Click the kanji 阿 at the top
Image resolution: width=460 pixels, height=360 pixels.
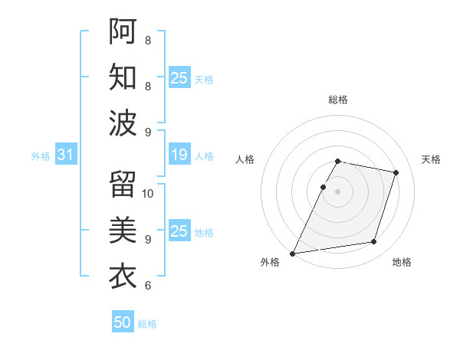pos(123,31)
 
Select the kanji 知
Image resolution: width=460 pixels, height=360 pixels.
pos(123,77)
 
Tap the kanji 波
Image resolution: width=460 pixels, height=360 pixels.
pos(123,123)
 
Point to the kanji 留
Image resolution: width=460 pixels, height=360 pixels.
pos(123,184)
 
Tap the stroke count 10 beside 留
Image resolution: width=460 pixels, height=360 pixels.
pos(148,193)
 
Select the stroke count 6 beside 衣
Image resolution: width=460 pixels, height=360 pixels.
pos(147,286)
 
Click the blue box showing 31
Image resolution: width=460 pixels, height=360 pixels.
pos(65,155)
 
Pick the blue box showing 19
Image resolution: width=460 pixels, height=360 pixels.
pos(179,155)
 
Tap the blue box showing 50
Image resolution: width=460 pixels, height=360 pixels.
pos(123,322)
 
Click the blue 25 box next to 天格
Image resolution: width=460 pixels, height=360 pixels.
pos(179,78)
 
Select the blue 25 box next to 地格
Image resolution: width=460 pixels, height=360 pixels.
pos(179,231)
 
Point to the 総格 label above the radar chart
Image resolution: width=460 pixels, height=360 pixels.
pos(338,100)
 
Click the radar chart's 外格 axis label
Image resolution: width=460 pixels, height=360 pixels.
pos(271,262)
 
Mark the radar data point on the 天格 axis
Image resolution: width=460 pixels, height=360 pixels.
pos(396,172)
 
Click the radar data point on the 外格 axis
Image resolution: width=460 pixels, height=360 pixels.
pos(292,253)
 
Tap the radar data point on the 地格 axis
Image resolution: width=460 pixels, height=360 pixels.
pos(374,242)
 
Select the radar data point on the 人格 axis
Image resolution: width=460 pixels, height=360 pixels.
pos(323,187)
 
